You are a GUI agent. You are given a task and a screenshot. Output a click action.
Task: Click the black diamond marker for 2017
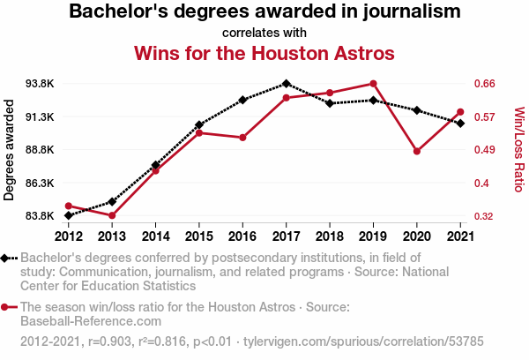tap(286, 84)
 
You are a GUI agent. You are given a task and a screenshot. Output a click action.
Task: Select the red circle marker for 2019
tap(373, 84)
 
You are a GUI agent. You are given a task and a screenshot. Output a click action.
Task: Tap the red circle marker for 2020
tap(417, 151)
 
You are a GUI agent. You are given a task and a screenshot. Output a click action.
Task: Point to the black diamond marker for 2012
tap(69, 215)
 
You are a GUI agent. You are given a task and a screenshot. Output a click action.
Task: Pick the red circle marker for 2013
tap(112, 215)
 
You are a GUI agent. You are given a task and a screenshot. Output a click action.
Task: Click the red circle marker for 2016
tap(242, 138)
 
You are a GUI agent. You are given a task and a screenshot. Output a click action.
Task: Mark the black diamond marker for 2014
tap(155, 165)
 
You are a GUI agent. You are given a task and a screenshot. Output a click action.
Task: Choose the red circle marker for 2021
tap(460, 112)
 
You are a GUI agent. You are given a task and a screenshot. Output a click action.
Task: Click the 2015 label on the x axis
tap(199, 236)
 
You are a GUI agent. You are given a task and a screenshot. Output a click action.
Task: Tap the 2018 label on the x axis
tap(330, 236)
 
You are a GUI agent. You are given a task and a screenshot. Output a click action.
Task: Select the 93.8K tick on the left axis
tap(40, 84)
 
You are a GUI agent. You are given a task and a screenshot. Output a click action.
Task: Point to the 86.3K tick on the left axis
tap(40, 183)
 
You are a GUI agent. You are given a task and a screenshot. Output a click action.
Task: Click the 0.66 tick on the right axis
tap(484, 84)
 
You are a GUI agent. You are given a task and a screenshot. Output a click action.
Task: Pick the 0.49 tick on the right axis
tap(484, 150)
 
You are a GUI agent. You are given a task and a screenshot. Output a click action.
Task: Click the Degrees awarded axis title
tap(9, 150)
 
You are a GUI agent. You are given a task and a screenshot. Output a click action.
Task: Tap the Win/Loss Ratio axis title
tap(519, 149)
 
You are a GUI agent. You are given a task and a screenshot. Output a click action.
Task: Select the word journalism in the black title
tap(412, 11)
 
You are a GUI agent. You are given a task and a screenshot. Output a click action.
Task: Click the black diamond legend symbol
tap(4, 259)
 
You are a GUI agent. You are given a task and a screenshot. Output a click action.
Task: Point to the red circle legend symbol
tap(4, 307)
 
